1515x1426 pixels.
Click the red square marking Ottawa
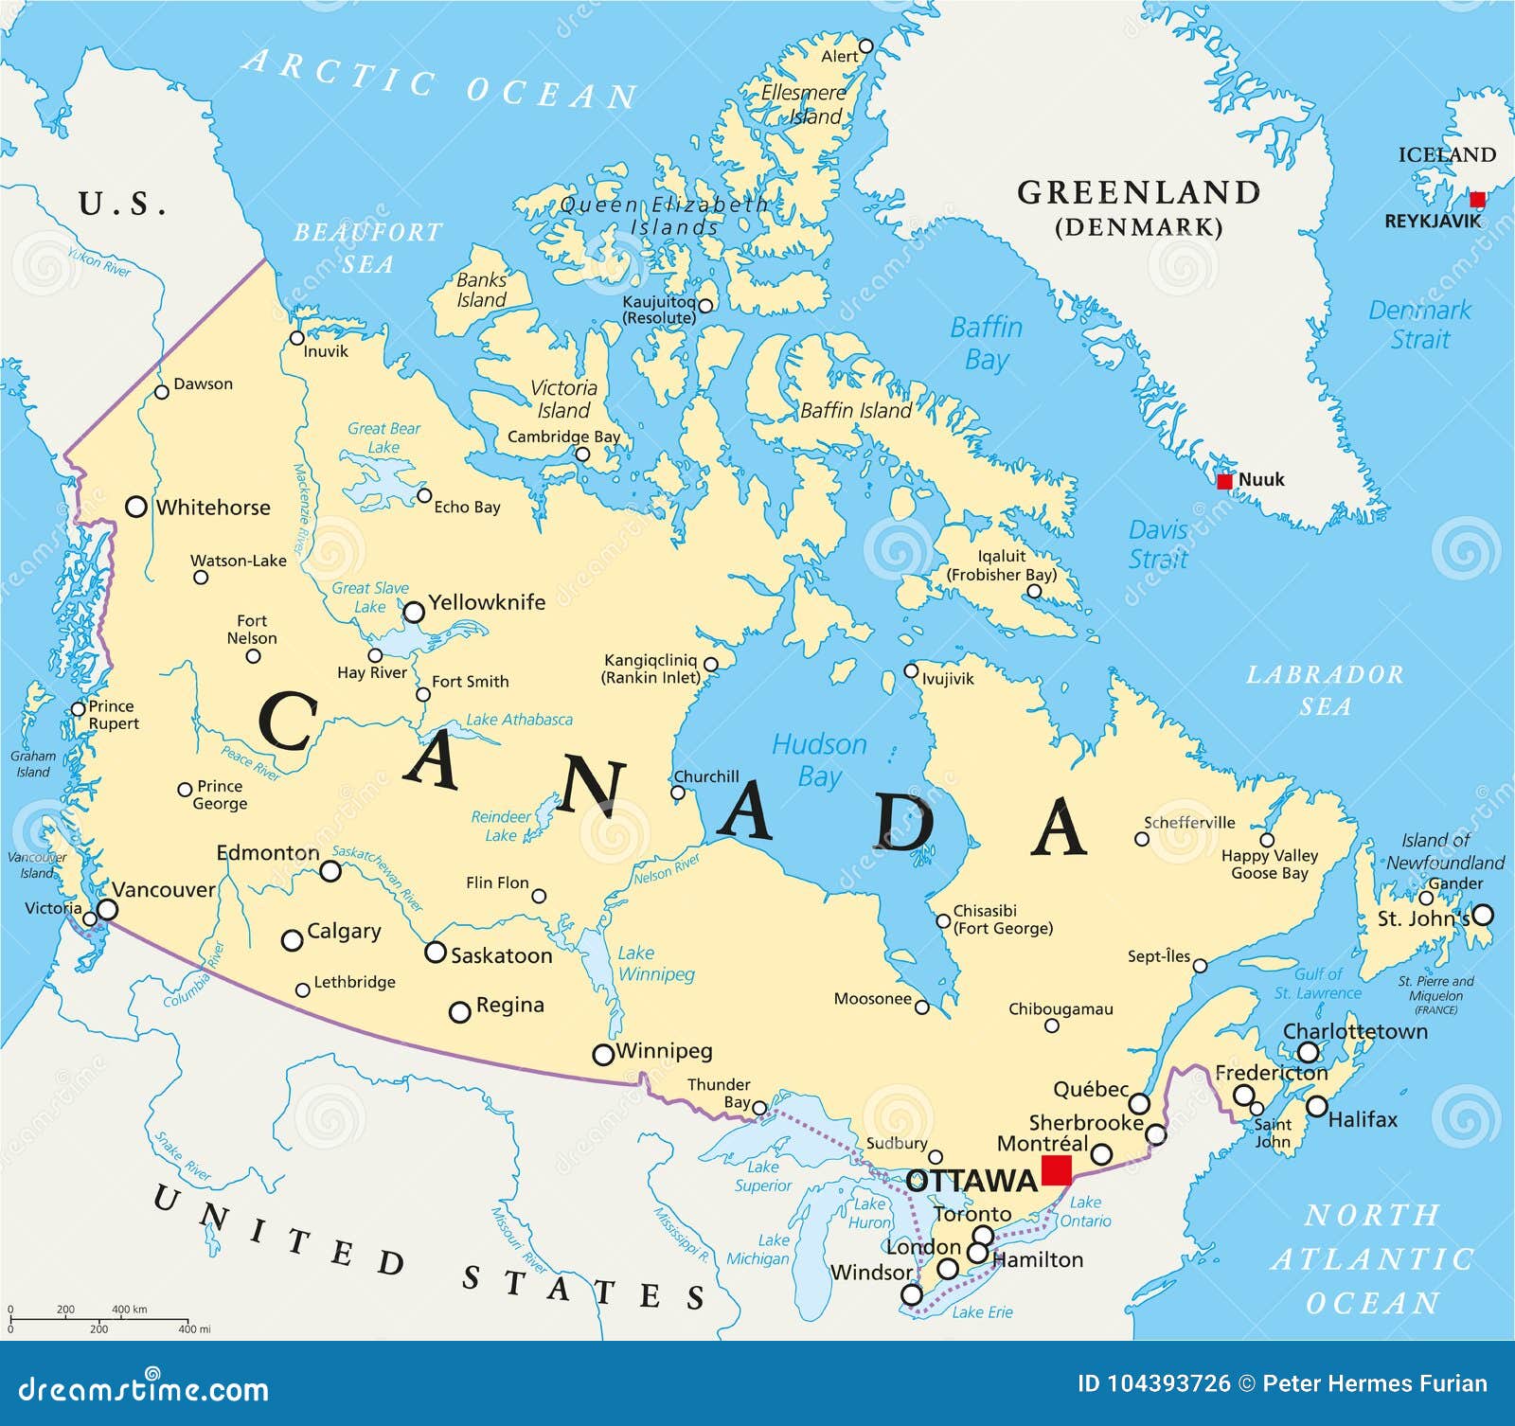[x=1056, y=1170]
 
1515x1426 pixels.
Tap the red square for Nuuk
[x=1224, y=481]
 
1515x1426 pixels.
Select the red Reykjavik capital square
[x=1477, y=199]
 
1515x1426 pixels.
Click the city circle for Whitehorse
[x=136, y=507]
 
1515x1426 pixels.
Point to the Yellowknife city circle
[x=414, y=613]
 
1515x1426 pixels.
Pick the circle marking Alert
[x=865, y=45]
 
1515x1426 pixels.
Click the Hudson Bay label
[x=819, y=759]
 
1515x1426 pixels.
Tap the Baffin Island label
[x=855, y=410]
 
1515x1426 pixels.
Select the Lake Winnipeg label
[x=656, y=963]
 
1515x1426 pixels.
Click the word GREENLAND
[x=1138, y=192]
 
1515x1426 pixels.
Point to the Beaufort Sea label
[x=367, y=246]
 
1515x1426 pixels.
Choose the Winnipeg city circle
[x=603, y=1054]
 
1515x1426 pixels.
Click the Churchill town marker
[x=677, y=793]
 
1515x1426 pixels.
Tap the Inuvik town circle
[x=297, y=338]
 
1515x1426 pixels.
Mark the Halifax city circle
[x=1316, y=1106]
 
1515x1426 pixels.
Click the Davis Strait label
[x=1157, y=544]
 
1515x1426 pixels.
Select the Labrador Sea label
[x=1324, y=689]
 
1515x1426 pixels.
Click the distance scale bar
[x=99, y=1318]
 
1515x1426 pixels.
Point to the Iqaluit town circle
[x=1034, y=592]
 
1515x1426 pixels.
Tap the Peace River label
[x=250, y=763]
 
